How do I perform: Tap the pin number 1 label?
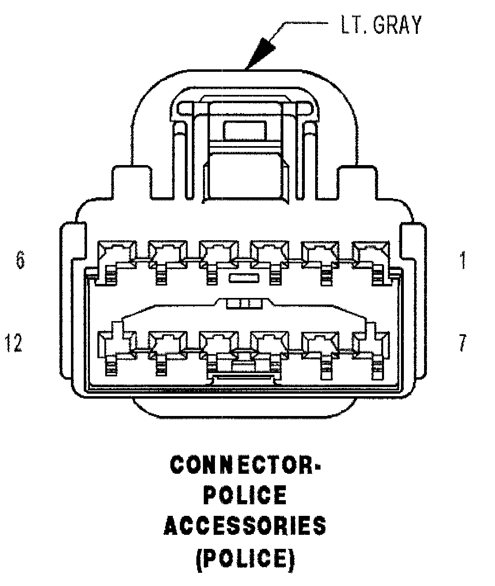pyautogui.click(x=463, y=260)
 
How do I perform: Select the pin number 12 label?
pyautogui.click(x=13, y=343)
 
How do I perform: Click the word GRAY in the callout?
pyautogui.click(x=397, y=25)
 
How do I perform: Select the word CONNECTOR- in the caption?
pyautogui.click(x=246, y=465)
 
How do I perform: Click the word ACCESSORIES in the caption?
pyautogui.click(x=246, y=526)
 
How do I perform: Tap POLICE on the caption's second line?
pyautogui.click(x=246, y=495)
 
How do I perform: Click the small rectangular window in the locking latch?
pyautogui.click(x=245, y=130)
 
